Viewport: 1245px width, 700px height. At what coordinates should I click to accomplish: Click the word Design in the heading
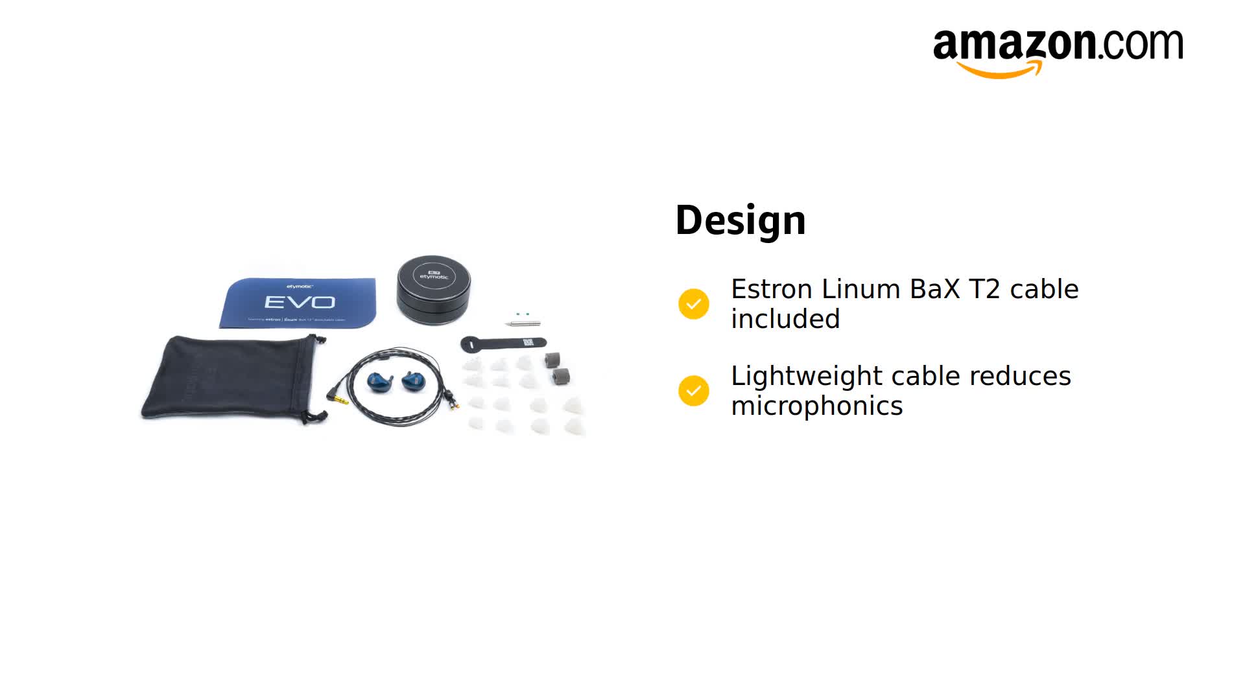(740, 220)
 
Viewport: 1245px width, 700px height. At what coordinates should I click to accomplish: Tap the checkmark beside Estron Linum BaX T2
(693, 304)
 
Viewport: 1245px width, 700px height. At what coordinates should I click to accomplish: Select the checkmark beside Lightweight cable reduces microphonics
(693, 391)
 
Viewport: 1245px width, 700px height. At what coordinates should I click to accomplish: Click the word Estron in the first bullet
(771, 289)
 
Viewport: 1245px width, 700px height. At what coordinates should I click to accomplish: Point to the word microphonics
(816, 406)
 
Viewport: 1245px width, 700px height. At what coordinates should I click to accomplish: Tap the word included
(785, 320)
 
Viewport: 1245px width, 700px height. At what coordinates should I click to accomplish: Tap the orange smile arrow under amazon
(999, 69)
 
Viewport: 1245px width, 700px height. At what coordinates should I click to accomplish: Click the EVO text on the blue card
(300, 302)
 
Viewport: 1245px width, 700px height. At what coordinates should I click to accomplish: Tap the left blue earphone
(380, 382)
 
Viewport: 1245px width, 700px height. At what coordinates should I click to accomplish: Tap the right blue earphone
(413, 380)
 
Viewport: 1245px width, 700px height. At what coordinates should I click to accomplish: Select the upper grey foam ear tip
(552, 360)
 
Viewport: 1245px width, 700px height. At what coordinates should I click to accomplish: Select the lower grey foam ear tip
(561, 376)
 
